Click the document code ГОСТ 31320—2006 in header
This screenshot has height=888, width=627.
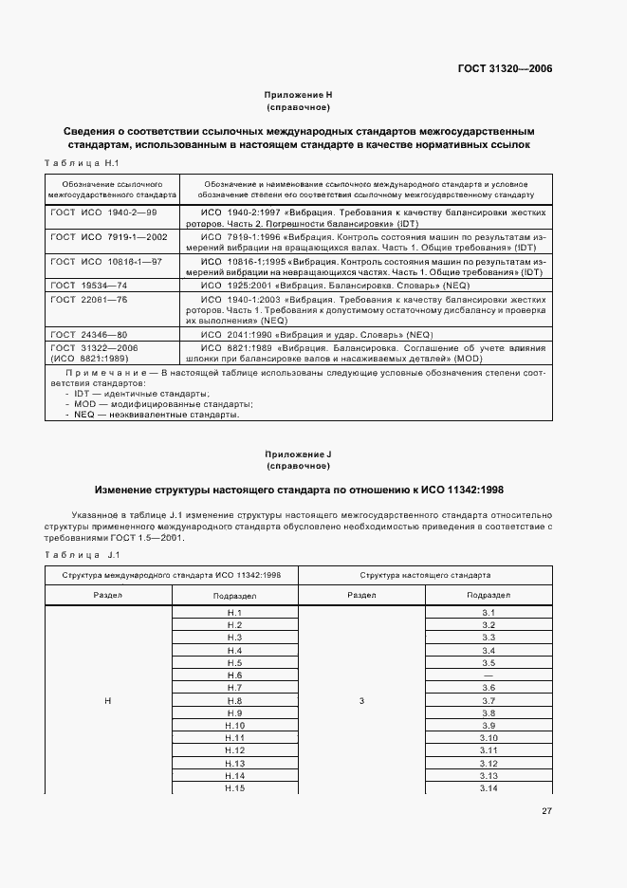click(x=505, y=69)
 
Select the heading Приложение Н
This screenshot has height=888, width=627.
click(x=299, y=95)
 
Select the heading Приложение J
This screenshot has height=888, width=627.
click(x=299, y=455)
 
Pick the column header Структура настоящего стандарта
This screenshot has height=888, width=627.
click(x=425, y=575)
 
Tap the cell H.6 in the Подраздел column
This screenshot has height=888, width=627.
click(x=235, y=675)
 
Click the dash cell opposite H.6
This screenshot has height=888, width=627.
click(x=489, y=675)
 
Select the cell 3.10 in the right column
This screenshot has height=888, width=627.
click(x=489, y=737)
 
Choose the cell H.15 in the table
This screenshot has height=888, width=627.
click(x=235, y=787)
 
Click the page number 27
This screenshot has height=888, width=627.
click(x=546, y=811)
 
